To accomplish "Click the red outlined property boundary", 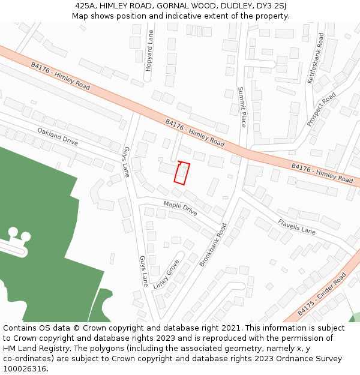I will (182, 172).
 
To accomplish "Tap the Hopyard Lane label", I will (150, 52).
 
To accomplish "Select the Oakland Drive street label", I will (58, 136).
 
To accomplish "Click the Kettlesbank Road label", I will (316, 58).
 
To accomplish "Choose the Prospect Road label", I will (322, 109).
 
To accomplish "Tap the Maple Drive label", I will (180, 209).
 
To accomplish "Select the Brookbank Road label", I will (214, 244).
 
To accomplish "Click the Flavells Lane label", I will (296, 227).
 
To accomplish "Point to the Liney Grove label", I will (166, 274).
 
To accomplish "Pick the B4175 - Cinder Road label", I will (322, 294).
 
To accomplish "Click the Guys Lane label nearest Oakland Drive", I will (127, 161).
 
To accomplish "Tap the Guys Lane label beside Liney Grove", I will (144, 271).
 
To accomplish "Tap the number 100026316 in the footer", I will (23, 368).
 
